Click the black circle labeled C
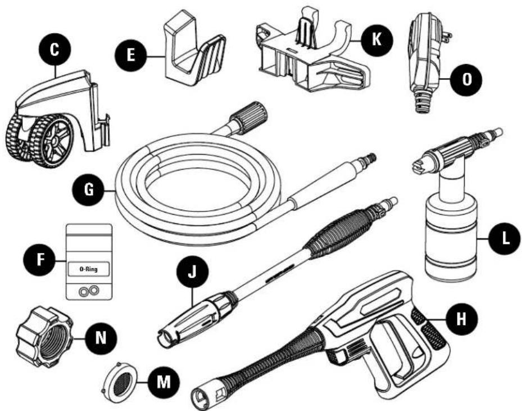point(55,49)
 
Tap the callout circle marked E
point(131,55)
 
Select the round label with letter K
point(376,39)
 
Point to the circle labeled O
point(467,80)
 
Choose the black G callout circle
point(89,190)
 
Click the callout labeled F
point(40,259)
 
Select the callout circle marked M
point(164,381)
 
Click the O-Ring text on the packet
point(89,269)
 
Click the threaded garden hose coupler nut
point(44,337)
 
